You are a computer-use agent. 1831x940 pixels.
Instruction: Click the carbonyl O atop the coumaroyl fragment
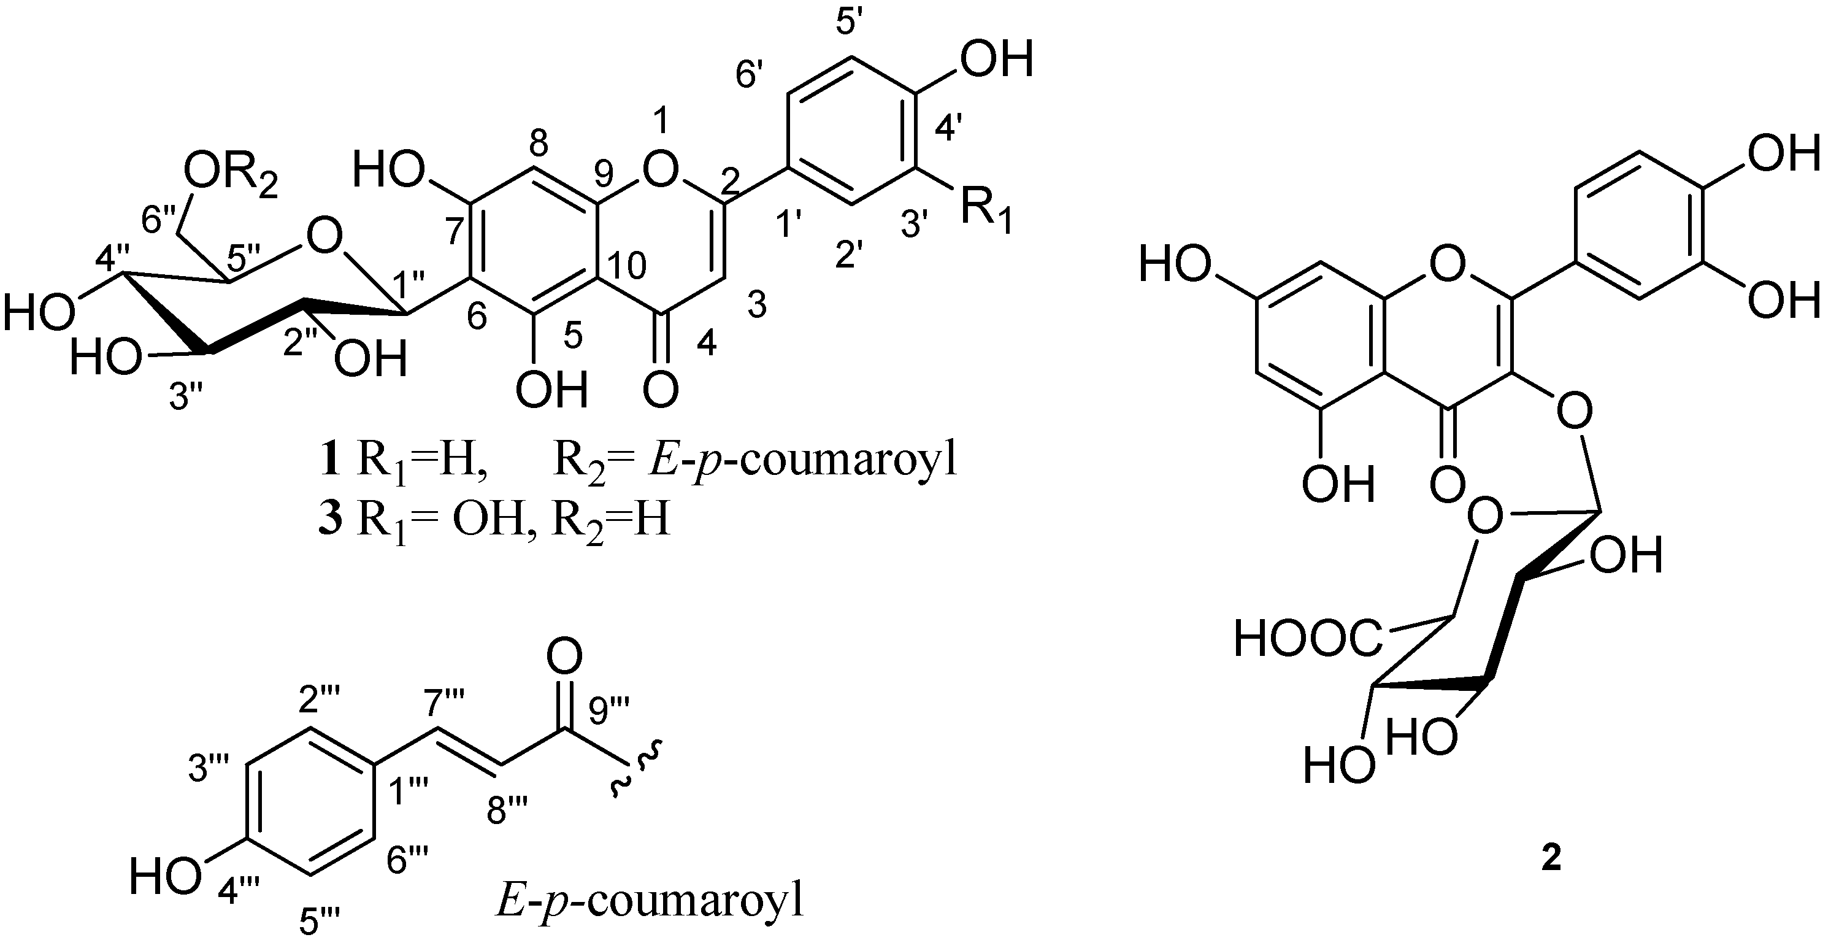tap(565, 655)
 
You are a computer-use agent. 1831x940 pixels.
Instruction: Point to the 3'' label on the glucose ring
tap(189, 398)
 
